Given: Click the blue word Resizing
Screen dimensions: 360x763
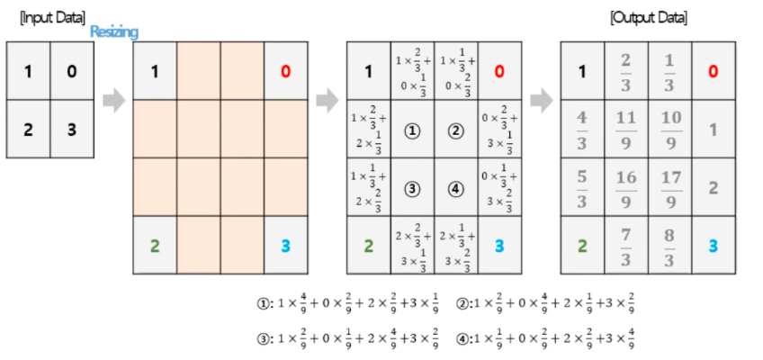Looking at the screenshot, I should coord(114,31).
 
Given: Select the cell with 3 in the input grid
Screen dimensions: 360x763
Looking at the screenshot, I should coord(71,129).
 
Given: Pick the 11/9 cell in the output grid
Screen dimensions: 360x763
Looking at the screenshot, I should coord(626,129).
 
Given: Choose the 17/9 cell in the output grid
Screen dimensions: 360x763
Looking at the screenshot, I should coord(670,187).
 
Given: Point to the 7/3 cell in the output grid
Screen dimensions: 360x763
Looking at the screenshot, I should coord(626,246).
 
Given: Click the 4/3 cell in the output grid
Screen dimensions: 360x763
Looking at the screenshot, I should coord(582,129).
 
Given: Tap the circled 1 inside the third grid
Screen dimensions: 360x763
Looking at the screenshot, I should coord(412,130).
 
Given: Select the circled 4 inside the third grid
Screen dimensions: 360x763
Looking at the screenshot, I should coord(455,187).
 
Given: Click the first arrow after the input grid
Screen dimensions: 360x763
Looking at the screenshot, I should coord(113,100).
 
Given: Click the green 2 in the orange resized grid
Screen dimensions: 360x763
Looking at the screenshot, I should coord(154,246).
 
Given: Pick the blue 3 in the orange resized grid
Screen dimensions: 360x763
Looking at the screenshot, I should coord(285,246).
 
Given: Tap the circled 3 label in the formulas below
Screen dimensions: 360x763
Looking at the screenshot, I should coord(262,338).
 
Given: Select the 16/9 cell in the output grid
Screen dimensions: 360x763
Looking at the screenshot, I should coord(626,187).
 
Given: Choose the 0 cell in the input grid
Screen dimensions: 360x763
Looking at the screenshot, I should coord(71,71).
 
